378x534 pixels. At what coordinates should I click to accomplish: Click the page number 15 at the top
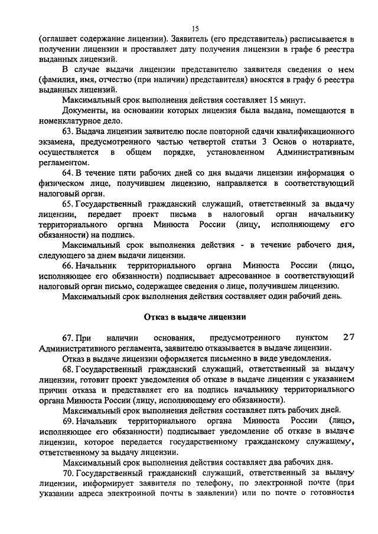coord(195,28)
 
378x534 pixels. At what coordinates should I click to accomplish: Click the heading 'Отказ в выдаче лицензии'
coord(195,317)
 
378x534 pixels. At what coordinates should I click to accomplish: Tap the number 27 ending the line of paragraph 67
coord(348,338)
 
